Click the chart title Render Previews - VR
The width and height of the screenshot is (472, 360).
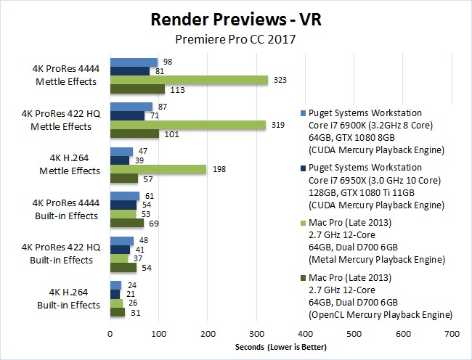coord(235,19)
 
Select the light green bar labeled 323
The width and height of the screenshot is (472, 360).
coord(188,81)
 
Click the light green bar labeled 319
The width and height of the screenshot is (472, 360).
coord(187,125)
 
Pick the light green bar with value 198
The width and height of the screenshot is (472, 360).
coord(158,169)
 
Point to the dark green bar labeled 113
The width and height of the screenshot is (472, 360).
coord(137,90)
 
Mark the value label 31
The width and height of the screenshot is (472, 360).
coord(134,312)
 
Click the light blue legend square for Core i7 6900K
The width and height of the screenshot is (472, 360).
coord(302,113)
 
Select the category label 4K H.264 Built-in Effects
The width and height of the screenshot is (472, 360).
coord(69,300)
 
